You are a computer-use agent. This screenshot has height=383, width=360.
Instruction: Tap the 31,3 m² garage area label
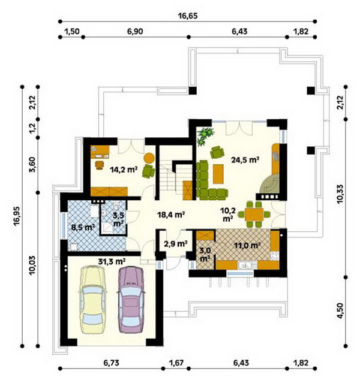point(112,261)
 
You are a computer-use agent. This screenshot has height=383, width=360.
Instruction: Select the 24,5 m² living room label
point(245,160)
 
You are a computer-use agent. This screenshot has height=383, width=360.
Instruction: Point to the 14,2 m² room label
point(124,169)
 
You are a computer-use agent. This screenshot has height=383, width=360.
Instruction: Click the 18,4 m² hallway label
point(171,215)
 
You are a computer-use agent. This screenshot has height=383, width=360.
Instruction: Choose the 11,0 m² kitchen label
point(247,245)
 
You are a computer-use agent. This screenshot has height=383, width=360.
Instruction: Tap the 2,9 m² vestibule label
point(176,243)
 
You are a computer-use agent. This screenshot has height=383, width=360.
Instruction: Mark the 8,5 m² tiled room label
point(83,227)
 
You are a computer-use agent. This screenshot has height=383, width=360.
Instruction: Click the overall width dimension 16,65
point(188,16)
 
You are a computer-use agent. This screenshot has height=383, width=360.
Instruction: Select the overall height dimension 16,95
point(17,217)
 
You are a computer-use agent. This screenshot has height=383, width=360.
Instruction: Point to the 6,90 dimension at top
point(135,32)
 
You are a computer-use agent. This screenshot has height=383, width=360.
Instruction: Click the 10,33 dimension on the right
point(340,194)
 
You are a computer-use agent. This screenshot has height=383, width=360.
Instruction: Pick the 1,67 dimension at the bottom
point(176,363)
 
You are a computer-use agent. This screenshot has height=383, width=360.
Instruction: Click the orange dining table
point(254,215)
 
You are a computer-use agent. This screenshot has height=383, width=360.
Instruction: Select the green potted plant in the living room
point(205,136)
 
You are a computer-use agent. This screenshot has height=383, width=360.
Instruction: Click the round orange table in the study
point(149,158)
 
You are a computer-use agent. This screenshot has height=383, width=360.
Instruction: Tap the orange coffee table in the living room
point(218,174)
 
